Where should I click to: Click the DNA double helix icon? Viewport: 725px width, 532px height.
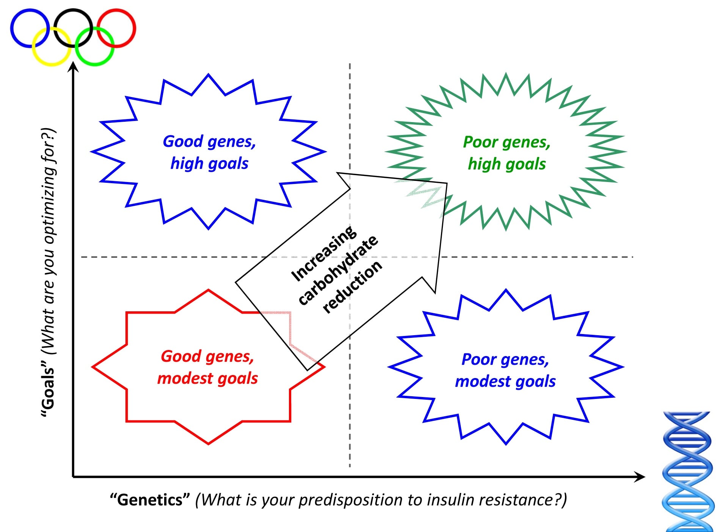pyautogui.click(x=687, y=472)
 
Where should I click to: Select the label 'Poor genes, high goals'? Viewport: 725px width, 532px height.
pyautogui.click(x=507, y=153)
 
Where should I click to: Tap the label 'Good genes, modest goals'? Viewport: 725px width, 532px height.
pyautogui.click(x=207, y=367)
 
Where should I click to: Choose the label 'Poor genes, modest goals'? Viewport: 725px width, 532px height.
pyautogui.click(x=505, y=370)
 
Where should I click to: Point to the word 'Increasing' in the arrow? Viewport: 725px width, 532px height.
pyautogui.click(x=323, y=253)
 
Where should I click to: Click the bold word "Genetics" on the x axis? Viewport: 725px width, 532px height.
pyautogui.click(x=150, y=500)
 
